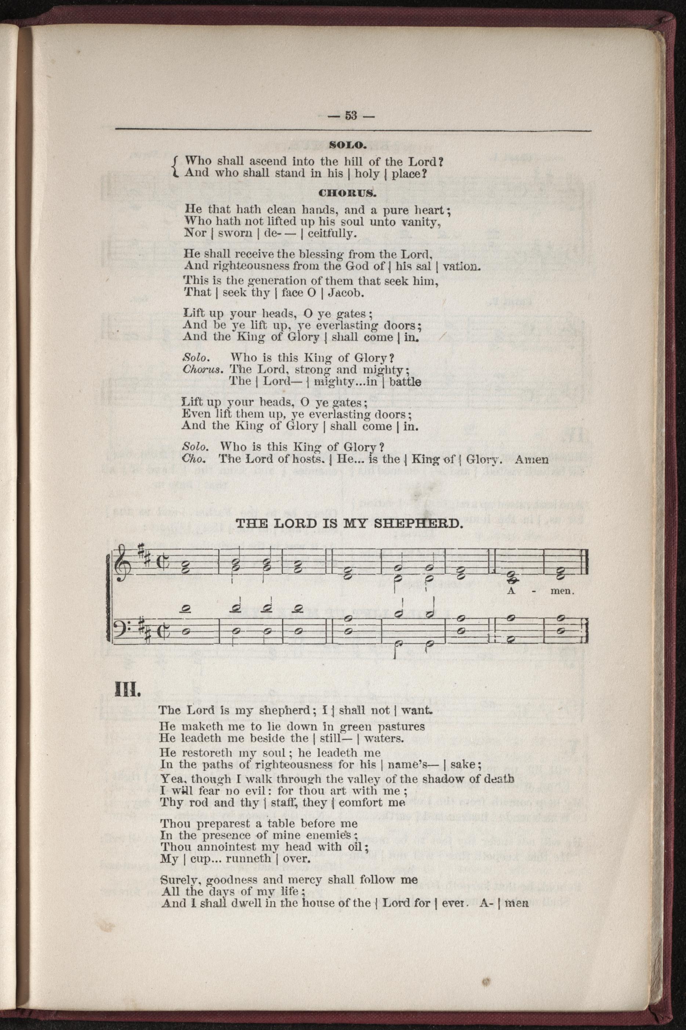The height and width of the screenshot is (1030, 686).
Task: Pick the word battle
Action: click(405, 381)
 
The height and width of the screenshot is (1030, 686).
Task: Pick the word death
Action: click(496, 779)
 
